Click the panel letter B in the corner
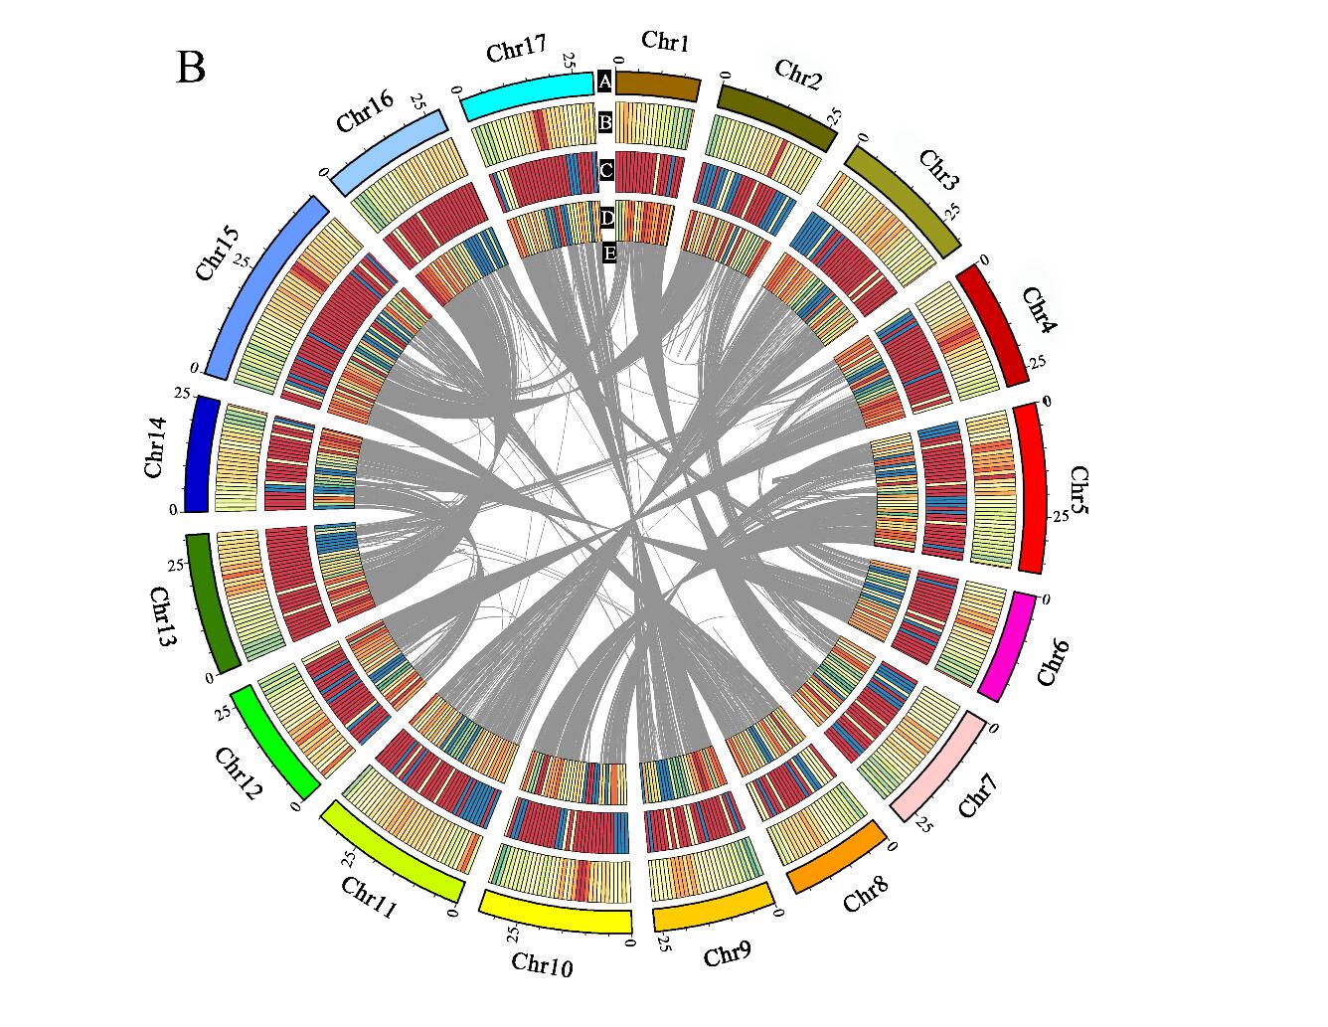(x=191, y=68)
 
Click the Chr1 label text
(x=665, y=41)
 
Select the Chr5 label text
(x=1079, y=491)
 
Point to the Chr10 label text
(x=542, y=962)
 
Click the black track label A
(x=604, y=82)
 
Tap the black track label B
(x=604, y=123)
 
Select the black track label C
(x=605, y=171)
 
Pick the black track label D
(x=607, y=217)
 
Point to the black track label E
(x=609, y=253)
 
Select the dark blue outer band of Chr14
(x=202, y=453)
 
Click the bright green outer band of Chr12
(x=275, y=741)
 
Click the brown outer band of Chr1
(x=658, y=85)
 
